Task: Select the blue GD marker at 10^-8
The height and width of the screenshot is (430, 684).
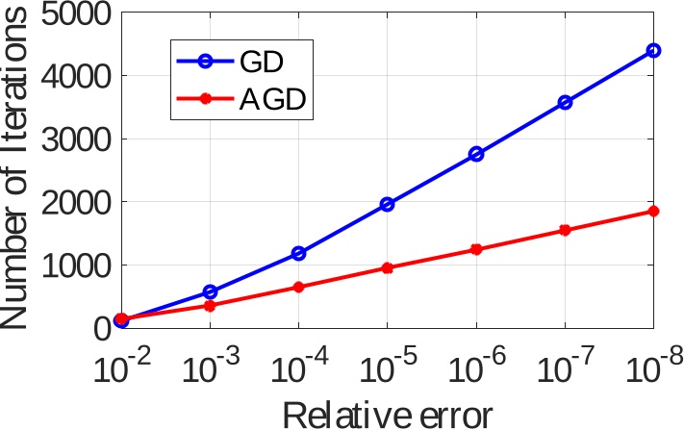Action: [653, 50]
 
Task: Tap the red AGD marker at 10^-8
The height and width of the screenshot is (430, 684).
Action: [653, 211]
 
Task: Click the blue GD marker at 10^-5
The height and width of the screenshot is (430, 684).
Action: [387, 204]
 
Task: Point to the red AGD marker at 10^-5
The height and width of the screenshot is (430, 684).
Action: [387, 268]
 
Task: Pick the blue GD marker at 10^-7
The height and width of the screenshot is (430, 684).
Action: [565, 102]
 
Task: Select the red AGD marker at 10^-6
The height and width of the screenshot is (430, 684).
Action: [476, 249]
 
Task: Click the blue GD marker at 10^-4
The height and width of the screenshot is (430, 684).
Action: [298, 253]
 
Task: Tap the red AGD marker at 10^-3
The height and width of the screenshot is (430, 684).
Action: [210, 305]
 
